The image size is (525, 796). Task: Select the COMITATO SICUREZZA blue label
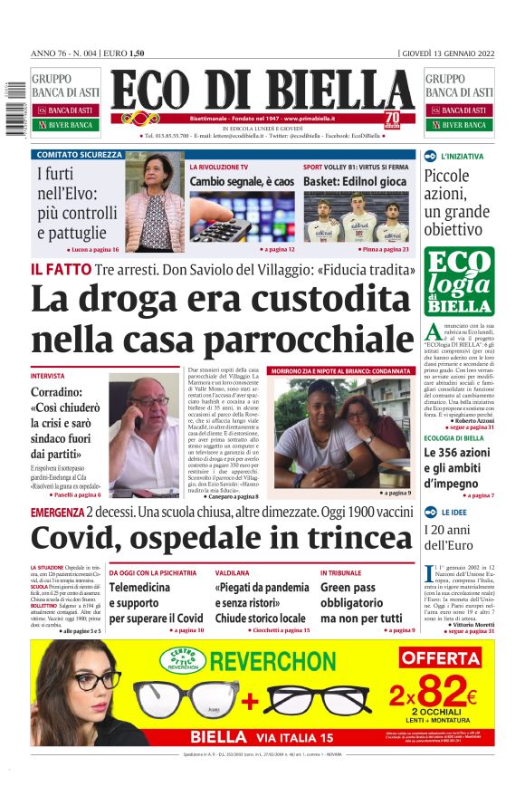tap(79, 155)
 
